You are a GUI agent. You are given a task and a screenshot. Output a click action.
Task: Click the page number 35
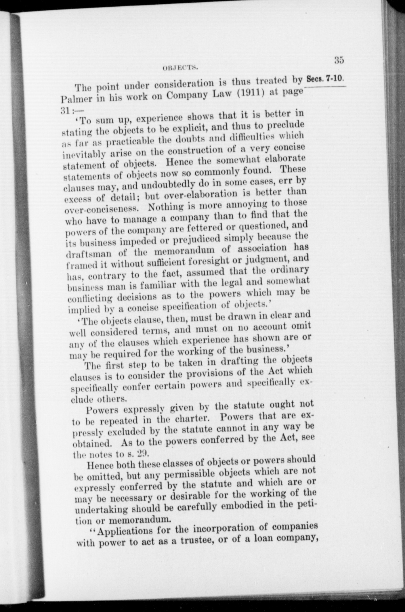pos(339,60)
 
